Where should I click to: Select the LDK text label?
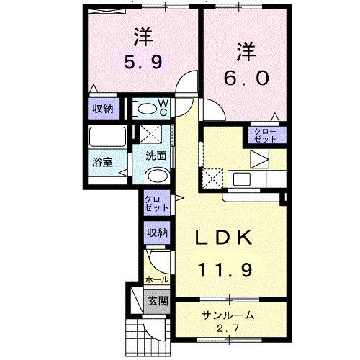pos(223,238)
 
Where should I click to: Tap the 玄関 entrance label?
pos(157,300)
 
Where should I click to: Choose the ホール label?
pos(158,279)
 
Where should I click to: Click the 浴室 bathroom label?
pos(102,163)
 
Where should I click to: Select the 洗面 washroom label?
pos(157,155)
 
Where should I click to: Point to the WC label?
pos(163,108)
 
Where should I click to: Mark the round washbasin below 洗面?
pos(156,177)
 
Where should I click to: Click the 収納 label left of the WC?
pos(102,109)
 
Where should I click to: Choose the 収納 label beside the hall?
pos(158,233)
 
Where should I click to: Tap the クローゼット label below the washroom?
pos(156,203)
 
